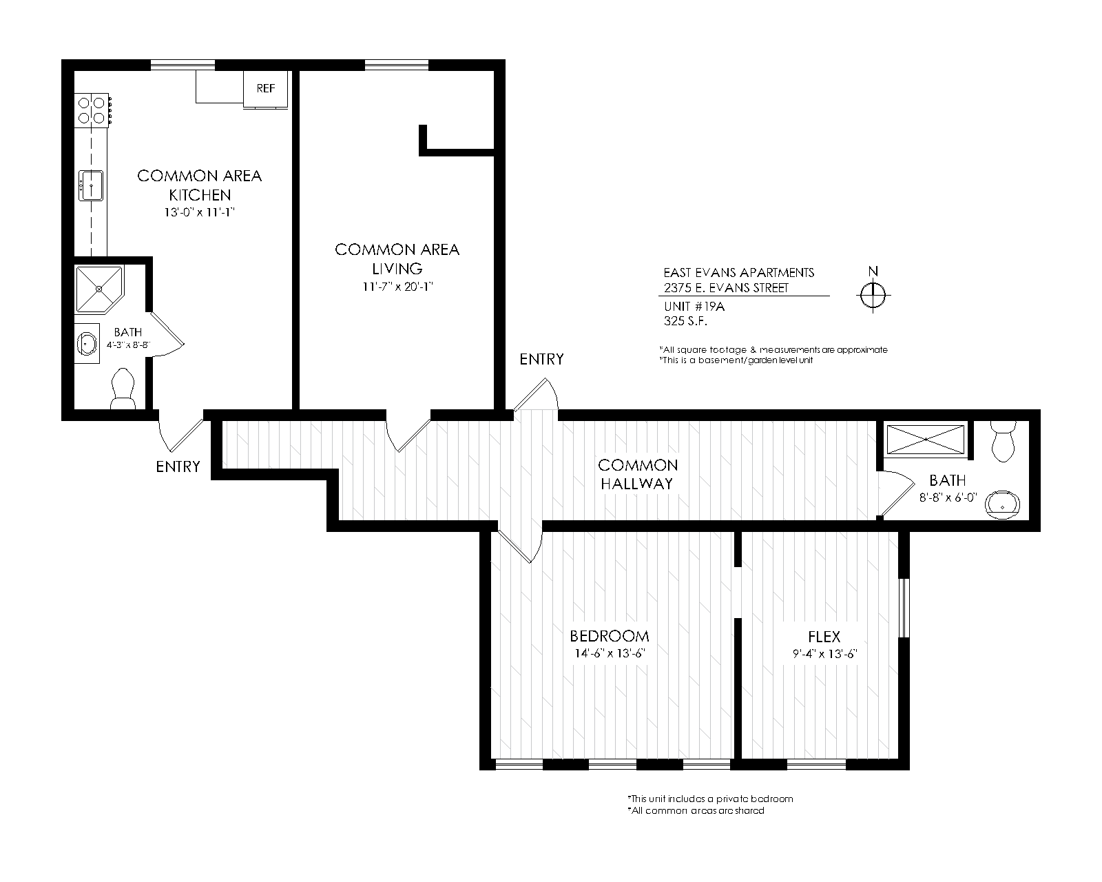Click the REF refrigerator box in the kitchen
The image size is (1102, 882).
pos(265,89)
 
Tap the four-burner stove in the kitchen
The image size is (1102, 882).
pos(93,110)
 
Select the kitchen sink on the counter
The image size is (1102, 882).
pos(91,185)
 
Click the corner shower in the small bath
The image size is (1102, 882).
pos(99,289)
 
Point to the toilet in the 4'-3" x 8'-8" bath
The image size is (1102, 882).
pos(123,389)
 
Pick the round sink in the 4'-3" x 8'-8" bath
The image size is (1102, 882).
pos(87,343)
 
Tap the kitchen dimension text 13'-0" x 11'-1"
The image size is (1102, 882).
pos(199,212)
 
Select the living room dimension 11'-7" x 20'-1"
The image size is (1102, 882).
pos(397,287)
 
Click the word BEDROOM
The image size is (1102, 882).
pos(610,636)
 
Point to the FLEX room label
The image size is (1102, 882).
pos(824,637)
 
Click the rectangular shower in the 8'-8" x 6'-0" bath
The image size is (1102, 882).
pos(925,439)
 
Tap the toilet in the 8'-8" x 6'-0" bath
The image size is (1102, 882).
pos(1004,441)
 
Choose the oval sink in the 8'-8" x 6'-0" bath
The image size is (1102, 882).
pos(1002,505)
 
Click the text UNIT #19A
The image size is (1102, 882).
pos(694,307)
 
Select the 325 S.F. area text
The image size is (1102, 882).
pos(686,321)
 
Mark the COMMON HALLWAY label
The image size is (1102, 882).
pos(638,474)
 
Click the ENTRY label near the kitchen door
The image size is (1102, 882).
pos(178,466)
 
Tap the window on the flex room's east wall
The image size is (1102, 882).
pos(904,608)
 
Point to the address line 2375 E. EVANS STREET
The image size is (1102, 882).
pos(726,288)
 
